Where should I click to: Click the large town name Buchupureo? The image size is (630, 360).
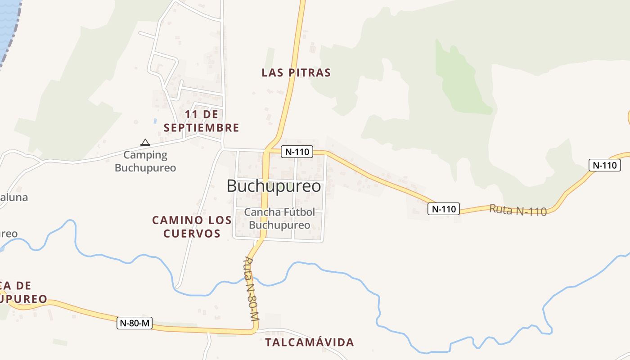pyautogui.click(x=274, y=186)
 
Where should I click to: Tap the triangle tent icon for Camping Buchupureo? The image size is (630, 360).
pyautogui.click(x=145, y=143)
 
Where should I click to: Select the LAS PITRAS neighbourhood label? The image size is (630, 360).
pyautogui.click(x=296, y=72)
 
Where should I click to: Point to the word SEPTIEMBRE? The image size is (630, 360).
pyautogui.click(x=201, y=128)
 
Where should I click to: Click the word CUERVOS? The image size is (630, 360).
pyautogui.click(x=192, y=234)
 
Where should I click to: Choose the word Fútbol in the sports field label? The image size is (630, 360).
pyautogui.click(x=297, y=212)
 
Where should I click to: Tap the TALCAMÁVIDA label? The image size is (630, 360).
pyautogui.click(x=310, y=342)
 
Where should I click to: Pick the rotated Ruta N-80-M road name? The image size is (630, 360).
pyautogui.click(x=251, y=288)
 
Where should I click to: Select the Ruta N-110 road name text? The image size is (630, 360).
pyautogui.click(x=517, y=210)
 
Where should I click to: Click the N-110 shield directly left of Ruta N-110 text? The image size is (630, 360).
pyautogui.click(x=444, y=209)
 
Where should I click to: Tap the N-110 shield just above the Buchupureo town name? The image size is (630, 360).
pyautogui.click(x=297, y=152)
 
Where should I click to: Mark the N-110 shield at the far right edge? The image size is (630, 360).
pyautogui.click(x=604, y=165)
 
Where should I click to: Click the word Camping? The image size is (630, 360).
pyautogui.click(x=145, y=155)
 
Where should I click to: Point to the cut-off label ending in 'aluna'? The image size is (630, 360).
pyautogui.click(x=13, y=197)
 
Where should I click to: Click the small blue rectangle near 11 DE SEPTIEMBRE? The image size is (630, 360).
pyautogui.click(x=155, y=121)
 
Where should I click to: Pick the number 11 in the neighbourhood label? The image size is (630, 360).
pyautogui.click(x=191, y=114)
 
